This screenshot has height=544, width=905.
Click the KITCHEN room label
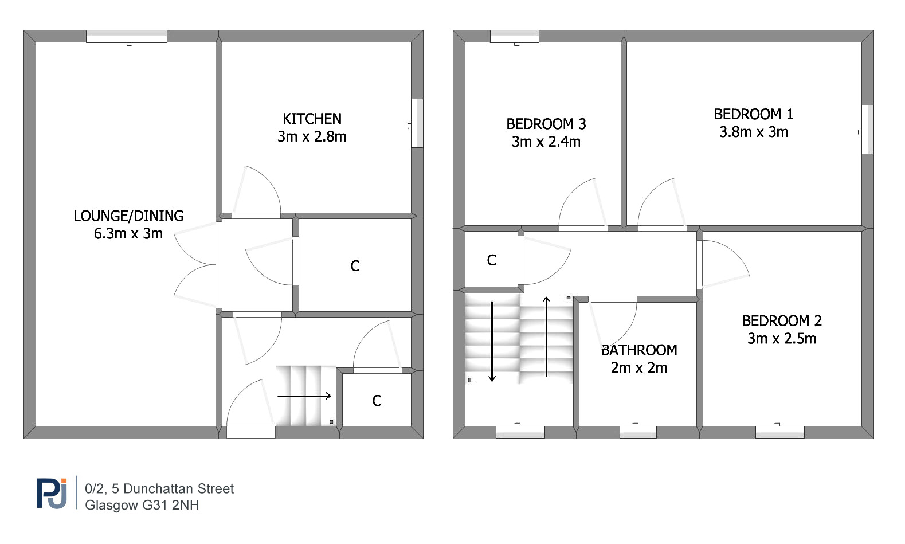click(312, 119)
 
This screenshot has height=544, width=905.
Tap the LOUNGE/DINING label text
click(128, 216)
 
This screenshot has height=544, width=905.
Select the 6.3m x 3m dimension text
click(128, 234)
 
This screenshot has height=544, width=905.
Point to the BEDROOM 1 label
click(754, 115)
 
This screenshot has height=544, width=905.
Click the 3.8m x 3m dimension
click(754, 132)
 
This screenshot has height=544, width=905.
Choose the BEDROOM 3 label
click(546, 124)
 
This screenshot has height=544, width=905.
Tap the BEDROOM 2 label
click(782, 321)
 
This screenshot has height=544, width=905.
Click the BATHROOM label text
click(639, 350)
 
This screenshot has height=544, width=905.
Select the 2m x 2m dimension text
click(639, 368)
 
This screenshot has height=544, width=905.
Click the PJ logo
click(52, 493)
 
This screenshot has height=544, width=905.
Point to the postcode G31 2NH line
click(142, 505)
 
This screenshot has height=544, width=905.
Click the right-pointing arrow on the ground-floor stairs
click(304, 396)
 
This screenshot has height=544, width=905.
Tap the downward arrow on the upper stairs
click(492, 342)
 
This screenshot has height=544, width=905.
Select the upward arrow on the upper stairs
click(546, 336)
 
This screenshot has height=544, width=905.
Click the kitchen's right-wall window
click(417, 123)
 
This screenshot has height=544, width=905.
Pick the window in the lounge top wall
click(127, 36)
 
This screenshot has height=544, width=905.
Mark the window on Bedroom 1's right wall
click(867, 130)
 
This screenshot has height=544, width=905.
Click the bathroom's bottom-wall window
click(638, 432)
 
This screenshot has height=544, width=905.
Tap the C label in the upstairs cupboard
click(491, 260)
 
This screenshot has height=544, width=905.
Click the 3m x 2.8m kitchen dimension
click(312, 136)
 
